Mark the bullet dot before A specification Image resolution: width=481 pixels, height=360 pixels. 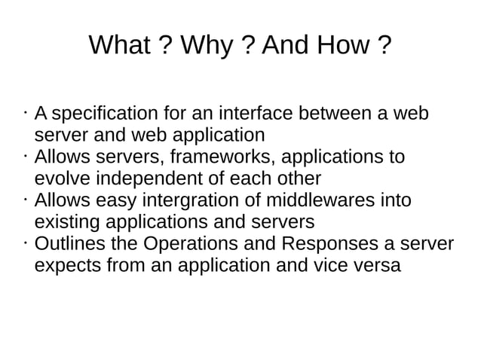pyautogui.click(x=26, y=113)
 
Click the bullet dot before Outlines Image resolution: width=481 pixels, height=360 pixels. pyautogui.click(x=26, y=243)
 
